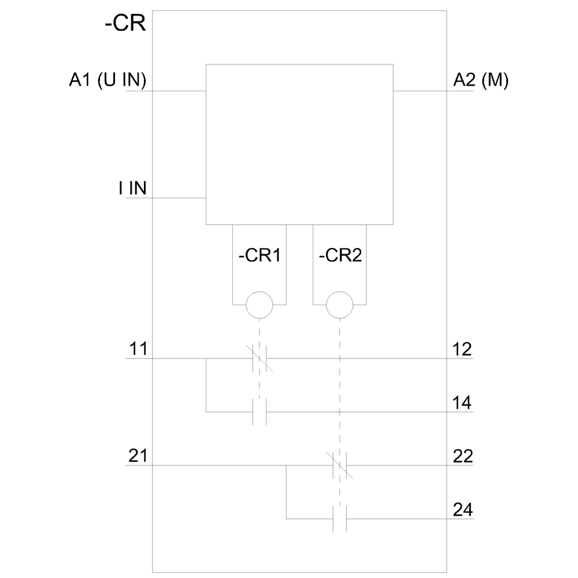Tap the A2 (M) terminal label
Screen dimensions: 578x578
481,81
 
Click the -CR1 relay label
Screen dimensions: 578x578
260,255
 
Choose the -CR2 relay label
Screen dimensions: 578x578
340,255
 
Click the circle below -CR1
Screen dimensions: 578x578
260,304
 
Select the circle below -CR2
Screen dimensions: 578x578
340,304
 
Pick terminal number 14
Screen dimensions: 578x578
463,403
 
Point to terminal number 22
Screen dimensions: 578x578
463,457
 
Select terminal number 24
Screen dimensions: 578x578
463,510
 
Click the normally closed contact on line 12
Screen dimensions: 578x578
260,358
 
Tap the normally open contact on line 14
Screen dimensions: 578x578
260,412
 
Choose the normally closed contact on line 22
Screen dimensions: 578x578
340,465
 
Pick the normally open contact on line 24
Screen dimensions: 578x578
340,519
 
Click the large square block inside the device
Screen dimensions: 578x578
299,144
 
